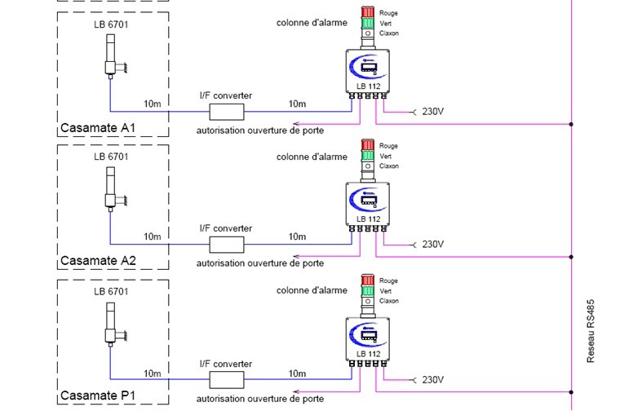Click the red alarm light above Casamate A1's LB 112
(x=366, y=13)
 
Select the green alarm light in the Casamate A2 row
(x=366, y=155)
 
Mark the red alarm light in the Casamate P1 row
(x=366, y=280)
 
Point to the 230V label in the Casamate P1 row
(x=431, y=380)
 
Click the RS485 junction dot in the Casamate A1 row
(x=571, y=125)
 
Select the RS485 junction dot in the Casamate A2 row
(x=571, y=257)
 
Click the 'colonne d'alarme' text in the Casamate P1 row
(x=312, y=290)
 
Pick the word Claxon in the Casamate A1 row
(x=389, y=33)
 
